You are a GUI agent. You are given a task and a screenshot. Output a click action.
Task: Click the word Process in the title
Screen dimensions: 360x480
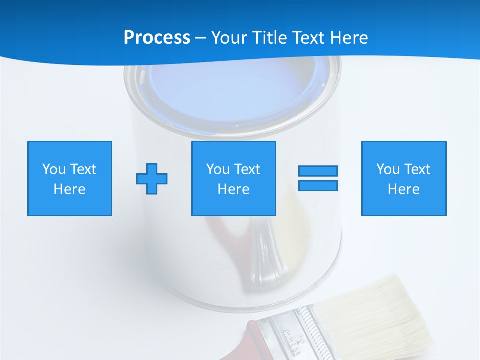pyautogui.click(x=157, y=38)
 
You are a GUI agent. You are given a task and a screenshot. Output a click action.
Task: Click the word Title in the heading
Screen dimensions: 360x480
pyautogui.click(x=269, y=38)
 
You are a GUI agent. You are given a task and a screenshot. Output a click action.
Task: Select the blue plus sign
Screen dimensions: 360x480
pyautogui.click(x=152, y=178)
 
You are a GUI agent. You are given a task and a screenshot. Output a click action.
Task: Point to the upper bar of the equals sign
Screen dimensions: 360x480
pyautogui.click(x=318, y=171)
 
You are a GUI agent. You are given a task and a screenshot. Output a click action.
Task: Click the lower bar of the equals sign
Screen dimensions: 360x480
pyautogui.click(x=318, y=186)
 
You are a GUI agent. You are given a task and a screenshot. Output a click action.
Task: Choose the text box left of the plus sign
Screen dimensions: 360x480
pyautogui.click(x=70, y=178)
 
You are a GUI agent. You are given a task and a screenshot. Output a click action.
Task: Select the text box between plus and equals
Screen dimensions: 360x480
pyautogui.click(x=233, y=178)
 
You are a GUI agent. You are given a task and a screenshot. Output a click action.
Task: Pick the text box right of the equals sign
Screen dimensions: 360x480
pyautogui.click(x=403, y=178)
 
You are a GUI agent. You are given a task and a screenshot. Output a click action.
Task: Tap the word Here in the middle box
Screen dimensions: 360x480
pyautogui.click(x=233, y=189)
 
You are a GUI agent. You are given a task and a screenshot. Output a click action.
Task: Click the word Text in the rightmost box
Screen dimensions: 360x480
pyautogui.click(x=417, y=169)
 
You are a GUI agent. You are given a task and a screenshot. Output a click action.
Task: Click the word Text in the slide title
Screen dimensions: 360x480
pyautogui.click(x=307, y=38)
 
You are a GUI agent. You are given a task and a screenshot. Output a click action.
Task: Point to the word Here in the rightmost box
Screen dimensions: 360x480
pyautogui.click(x=403, y=189)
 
